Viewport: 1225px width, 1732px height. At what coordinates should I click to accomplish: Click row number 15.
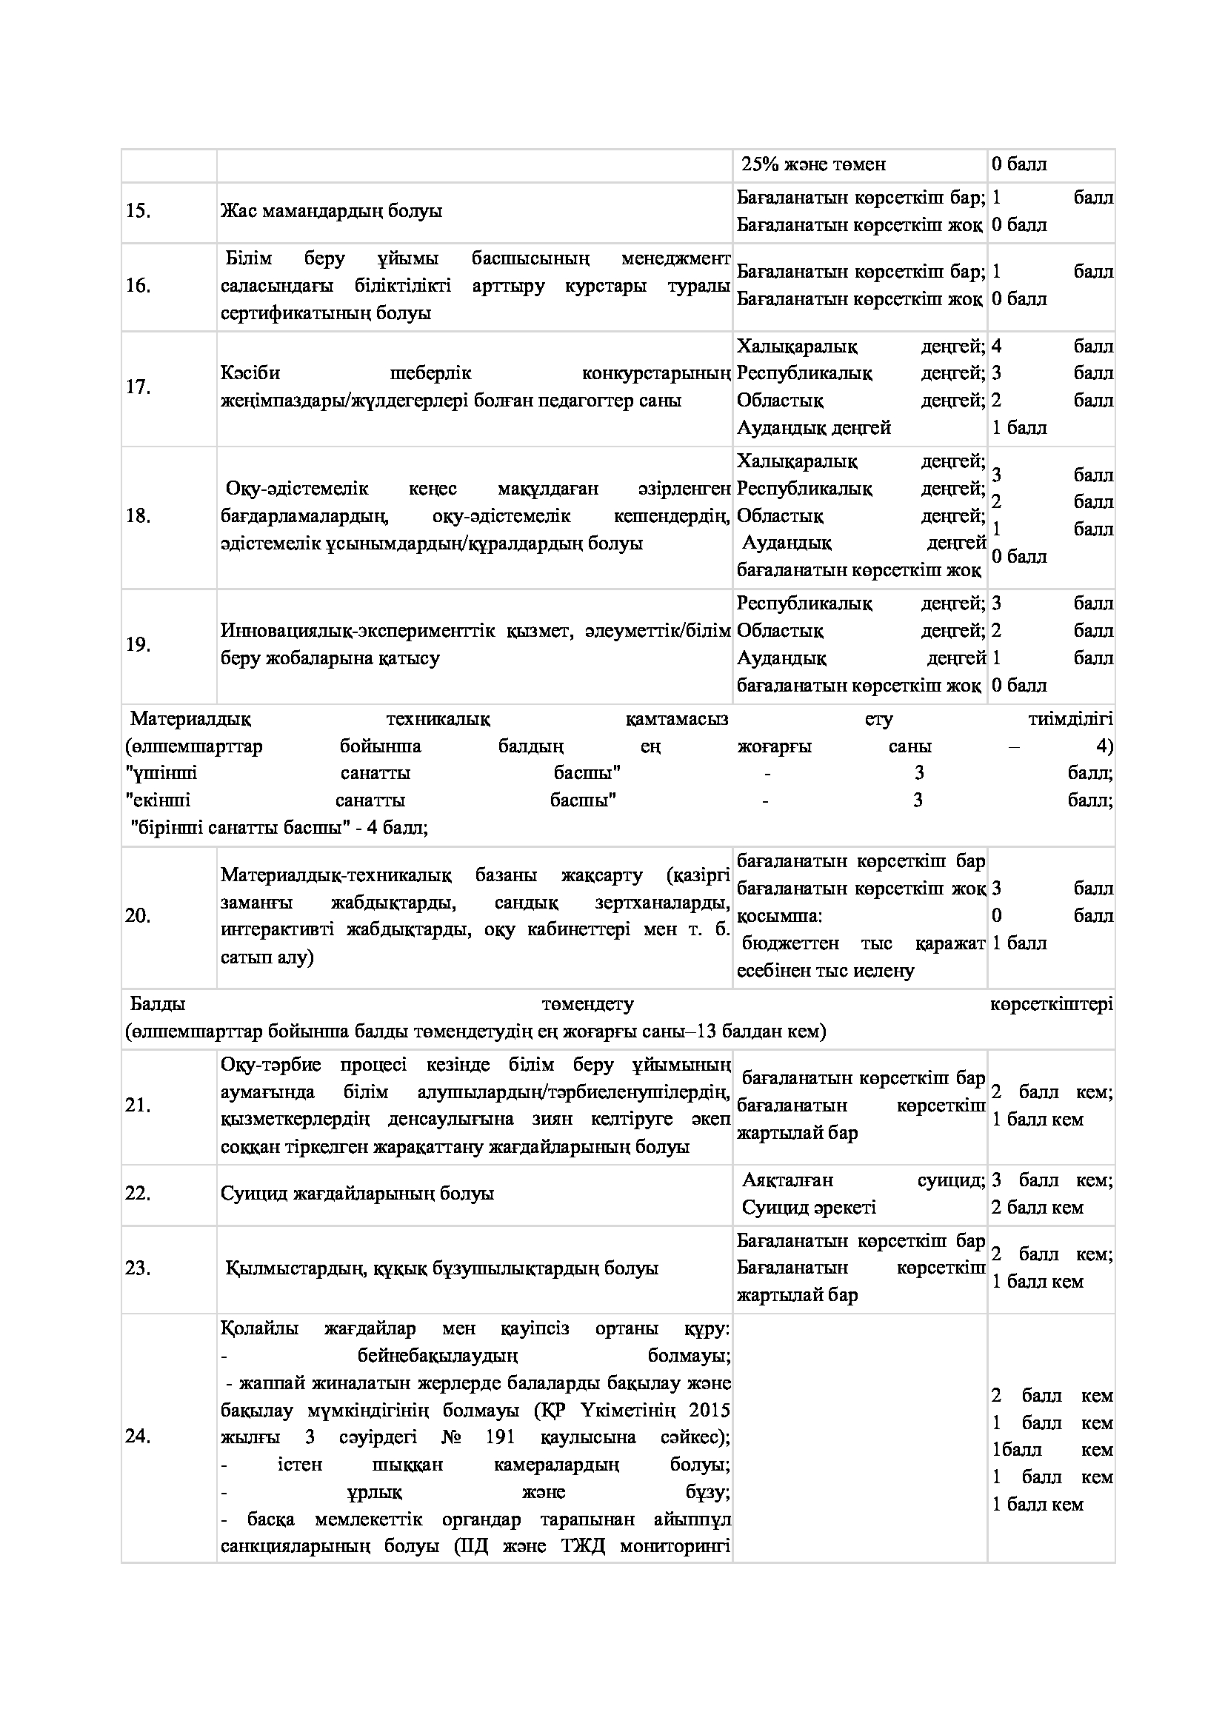(138, 211)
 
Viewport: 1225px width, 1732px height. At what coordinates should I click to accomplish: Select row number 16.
(138, 286)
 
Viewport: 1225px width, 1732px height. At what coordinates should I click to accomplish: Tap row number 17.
(138, 387)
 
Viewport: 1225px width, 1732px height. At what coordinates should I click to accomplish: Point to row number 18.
(138, 516)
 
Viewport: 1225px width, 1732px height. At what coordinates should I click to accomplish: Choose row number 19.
(138, 645)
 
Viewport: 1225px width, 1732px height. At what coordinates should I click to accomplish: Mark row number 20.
(138, 916)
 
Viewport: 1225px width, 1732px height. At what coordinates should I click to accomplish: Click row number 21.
(138, 1106)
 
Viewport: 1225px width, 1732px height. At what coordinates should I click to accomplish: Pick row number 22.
(138, 1194)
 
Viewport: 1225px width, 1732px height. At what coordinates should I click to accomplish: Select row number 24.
(138, 1437)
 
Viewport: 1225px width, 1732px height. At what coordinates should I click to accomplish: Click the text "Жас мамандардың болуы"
(331, 211)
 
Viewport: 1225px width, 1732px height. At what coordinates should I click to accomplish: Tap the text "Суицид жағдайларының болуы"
(357, 1194)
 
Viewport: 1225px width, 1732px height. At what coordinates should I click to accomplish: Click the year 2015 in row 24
(712, 1410)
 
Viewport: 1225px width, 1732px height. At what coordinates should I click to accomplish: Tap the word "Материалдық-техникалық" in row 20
(336, 875)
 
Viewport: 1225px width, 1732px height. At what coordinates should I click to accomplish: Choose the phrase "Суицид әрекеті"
(809, 1208)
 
